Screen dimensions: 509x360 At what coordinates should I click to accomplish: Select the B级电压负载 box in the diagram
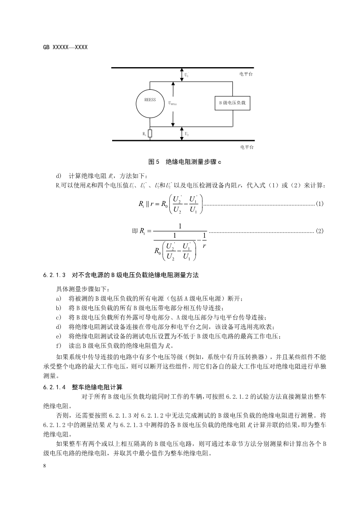pos(232,103)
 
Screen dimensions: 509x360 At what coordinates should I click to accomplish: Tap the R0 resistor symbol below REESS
pos(150,134)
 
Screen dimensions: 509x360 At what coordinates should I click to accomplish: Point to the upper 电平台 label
pos(246,73)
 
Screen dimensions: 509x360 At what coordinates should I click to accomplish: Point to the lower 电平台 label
pos(246,147)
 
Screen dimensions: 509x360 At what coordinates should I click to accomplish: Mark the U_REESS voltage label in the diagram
pos(173,103)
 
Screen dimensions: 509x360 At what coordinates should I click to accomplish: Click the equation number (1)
pos(319,204)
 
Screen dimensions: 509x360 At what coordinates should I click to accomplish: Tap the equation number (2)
pos(319,231)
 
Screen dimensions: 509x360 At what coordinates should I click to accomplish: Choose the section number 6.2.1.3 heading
pos(55,275)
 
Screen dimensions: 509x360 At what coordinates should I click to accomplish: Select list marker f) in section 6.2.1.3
pos(58,345)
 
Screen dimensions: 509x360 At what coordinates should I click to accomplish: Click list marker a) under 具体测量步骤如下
pos(58,298)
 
